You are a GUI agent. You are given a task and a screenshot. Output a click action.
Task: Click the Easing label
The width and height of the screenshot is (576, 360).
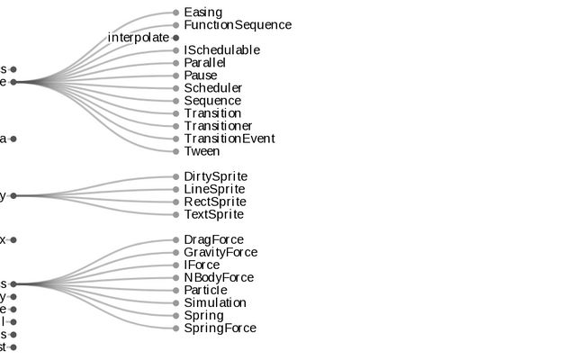pyautogui.click(x=203, y=13)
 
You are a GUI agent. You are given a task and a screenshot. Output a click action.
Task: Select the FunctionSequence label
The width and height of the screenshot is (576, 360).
pyautogui.click(x=238, y=25)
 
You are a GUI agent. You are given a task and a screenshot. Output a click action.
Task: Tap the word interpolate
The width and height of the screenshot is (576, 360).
pyautogui.click(x=138, y=38)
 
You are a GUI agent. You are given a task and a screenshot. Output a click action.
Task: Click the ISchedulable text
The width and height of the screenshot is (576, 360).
pyautogui.click(x=221, y=50)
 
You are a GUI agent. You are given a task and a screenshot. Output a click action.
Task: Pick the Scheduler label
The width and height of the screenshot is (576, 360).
pyautogui.click(x=212, y=88)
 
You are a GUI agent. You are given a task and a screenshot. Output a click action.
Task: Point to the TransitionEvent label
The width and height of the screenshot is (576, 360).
pyautogui.click(x=229, y=139)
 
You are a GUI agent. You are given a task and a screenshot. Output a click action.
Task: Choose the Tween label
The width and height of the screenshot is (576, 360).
pyautogui.click(x=202, y=151)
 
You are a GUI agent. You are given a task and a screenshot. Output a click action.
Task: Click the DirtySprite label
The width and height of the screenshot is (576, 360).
pyautogui.click(x=215, y=176)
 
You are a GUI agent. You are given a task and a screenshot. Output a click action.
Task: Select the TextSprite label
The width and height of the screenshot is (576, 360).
pyautogui.click(x=213, y=214)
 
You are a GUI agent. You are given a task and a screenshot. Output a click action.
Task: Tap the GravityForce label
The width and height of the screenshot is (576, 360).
pyautogui.click(x=220, y=253)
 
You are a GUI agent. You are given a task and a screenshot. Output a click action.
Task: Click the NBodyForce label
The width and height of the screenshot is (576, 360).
pyautogui.click(x=219, y=278)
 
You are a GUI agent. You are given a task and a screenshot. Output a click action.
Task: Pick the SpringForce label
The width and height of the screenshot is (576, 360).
pyautogui.click(x=220, y=328)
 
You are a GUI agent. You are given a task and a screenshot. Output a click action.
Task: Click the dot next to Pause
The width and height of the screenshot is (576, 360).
pyautogui.click(x=176, y=76)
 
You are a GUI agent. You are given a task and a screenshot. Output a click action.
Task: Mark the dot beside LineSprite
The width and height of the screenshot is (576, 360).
pyautogui.click(x=176, y=189)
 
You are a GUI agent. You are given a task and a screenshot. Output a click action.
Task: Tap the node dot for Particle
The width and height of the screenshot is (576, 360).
pyautogui.click(x=176, y=291)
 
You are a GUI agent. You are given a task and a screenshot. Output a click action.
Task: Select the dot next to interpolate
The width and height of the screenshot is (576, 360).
pyautogui.click(x=176, y=38)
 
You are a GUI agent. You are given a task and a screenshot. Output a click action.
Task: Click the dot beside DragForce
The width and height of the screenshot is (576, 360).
pyautogui.click(x=176, y=240)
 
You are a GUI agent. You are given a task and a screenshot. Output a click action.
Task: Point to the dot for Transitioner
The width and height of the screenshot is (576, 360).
pyautogui.click(x=176, y=126)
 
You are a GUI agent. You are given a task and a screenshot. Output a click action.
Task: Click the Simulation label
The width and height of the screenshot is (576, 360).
pyautogui.click(x=214, y=303)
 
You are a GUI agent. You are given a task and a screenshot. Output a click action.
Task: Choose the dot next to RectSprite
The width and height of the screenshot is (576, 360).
pyautogui.click(x=176, y=202)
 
